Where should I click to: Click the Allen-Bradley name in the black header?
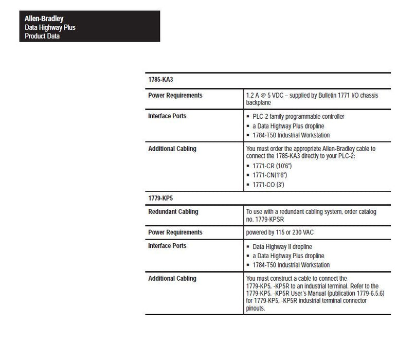pos(44,19)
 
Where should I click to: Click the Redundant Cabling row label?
pos(173,212)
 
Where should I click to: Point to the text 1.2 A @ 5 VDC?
pos(268,96)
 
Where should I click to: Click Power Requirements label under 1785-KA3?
pos(175,96)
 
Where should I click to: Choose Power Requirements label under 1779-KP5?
pos(175,232)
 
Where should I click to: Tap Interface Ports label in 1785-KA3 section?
pos(167,116)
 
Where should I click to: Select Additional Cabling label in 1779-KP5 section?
pos(172,279)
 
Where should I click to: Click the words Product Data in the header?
pos(42,36)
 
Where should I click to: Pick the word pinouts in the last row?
pos(256,308)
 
